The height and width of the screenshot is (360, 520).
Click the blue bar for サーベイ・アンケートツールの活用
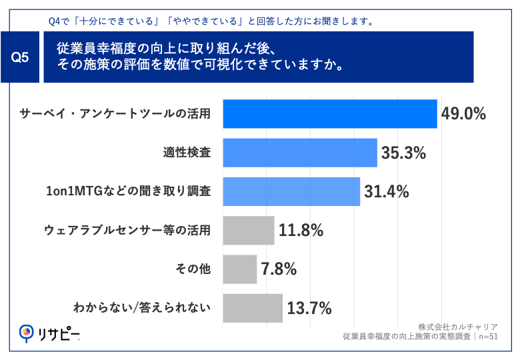pos(329,114)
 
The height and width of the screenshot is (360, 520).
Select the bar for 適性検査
pos(299,153)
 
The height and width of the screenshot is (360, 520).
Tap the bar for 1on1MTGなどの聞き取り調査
pos(291,191)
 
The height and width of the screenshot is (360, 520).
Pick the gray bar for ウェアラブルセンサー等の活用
pos(248,230)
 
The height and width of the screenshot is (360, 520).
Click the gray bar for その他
pos(239,269)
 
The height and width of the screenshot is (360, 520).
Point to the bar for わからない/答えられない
pos(252,307)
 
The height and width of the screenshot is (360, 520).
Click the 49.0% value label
pos(463,114)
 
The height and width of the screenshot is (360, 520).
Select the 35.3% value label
pos(403,153)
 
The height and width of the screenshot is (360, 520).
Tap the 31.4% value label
pos(386,192)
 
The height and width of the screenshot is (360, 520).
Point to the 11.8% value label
pos(301,231)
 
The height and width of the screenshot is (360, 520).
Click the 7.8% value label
pos(279,269)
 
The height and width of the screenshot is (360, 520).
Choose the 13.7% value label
pos(309,308)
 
